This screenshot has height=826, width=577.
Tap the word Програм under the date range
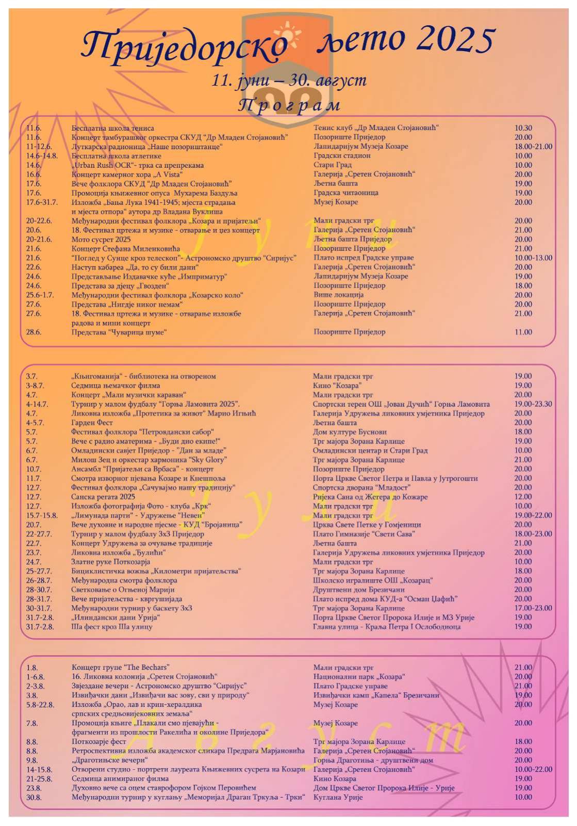pos(289,105)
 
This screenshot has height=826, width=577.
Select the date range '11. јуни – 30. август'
pos(289,81)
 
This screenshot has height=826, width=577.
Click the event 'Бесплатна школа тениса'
pos(112,128)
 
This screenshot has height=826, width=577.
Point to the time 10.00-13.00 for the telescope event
pos(533,258)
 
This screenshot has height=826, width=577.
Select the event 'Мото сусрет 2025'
pos(101,239)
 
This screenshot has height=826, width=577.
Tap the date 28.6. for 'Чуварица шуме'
pos(34,332)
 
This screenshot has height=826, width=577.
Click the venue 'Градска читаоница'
pos(345,193)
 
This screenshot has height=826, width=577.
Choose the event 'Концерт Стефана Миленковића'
pos(126,248)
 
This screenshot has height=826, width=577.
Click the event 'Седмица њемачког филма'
pos(116,385)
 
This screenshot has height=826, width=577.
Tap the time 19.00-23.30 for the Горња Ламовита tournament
pos(533,404)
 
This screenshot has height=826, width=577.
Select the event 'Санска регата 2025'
pos(103,497)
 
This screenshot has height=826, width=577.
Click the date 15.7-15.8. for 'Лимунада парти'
pos(42,515)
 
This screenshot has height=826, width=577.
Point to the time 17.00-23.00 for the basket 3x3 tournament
pos(533,608)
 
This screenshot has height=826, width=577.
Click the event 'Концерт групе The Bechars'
pos(120,668)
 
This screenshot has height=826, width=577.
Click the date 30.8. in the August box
pos(34,797)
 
